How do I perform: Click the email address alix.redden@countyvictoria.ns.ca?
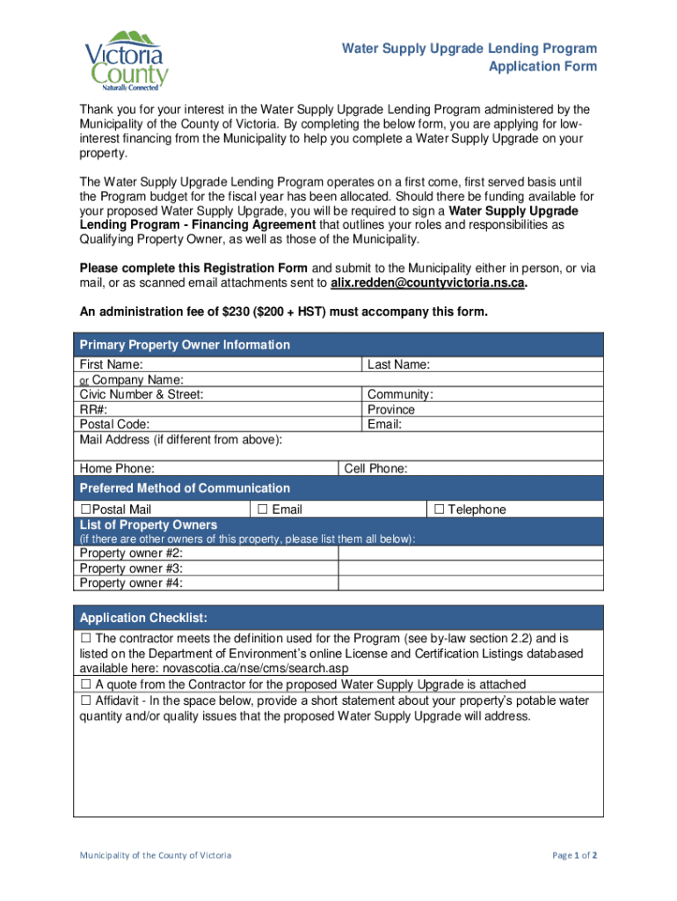coord(428,283)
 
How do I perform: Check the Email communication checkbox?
coord(262,509)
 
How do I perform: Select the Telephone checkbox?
coord(440,509)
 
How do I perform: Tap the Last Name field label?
coord(398,365)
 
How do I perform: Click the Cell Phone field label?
coord(375,469)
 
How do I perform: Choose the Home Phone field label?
coord(117,469)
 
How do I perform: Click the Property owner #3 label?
coord(131,568)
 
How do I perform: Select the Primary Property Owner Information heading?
coord(185,345)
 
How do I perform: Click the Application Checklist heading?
coord(143,617)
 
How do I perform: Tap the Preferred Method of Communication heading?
coord(185,488)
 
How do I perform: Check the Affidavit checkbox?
coord(86,701)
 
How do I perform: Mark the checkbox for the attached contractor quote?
coord(86,684)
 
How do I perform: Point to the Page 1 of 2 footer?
coord(575,855)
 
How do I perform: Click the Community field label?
coord(400,395)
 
